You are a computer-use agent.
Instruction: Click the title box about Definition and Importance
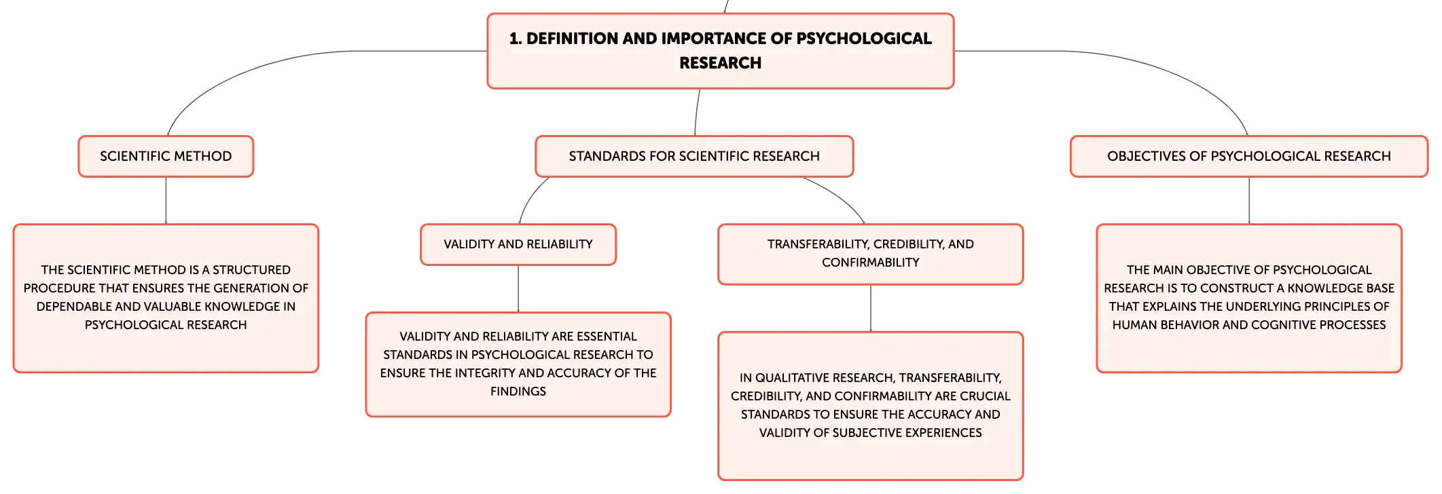click(721, 51)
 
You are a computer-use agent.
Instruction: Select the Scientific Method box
click(166, 156)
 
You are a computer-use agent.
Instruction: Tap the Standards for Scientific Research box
click(694, 156)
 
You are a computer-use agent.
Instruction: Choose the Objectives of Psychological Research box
click(1249, 156)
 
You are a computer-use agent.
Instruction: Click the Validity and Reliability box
click(518, 244)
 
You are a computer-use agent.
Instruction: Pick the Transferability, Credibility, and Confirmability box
click(871, 254)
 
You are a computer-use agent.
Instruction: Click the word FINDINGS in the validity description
click(518, 392)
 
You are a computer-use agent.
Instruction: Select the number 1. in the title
click(516, 39)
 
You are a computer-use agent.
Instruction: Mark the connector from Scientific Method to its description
click(166, 201)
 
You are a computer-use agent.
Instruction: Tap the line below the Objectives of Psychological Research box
click(1249, 201)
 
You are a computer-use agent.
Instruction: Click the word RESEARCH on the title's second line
click(721, 63)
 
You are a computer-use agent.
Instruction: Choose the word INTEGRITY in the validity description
click(485, 373)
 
